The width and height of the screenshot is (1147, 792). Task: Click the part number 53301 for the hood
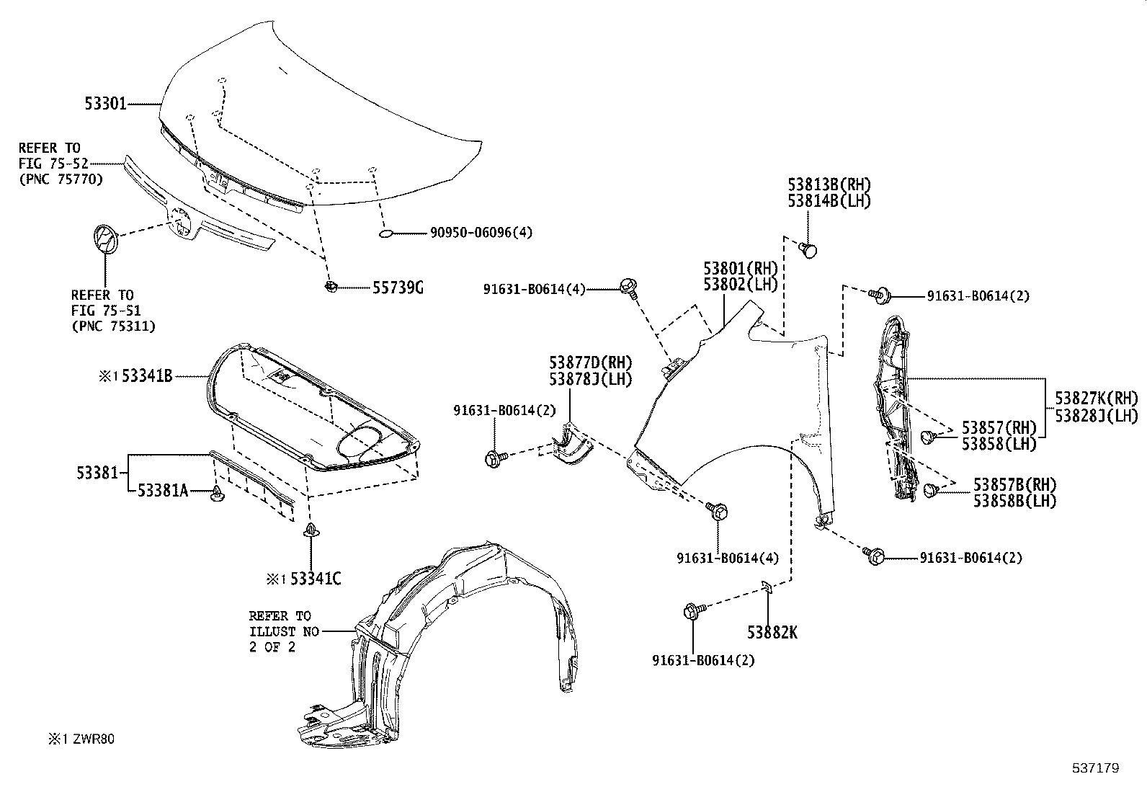(x=105, y=104)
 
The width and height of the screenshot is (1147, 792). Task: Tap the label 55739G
(x=397, y=288)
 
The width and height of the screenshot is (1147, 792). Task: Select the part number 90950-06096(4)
(x=481, y=233)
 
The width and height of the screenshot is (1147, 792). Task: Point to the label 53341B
(x=146, y=375)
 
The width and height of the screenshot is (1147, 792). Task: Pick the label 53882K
(x=772, y=633)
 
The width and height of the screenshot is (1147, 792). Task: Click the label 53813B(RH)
(x=829, y=184)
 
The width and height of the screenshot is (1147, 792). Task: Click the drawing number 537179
(x=1096, y=768)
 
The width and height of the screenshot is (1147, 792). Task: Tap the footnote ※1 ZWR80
(x=81, y=739)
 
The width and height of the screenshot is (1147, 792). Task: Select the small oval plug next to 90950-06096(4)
(x=385, y=233)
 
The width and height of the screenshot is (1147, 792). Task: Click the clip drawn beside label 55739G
(x=331, y=287)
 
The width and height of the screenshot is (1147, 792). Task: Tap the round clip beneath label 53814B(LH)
(x=810, y=249)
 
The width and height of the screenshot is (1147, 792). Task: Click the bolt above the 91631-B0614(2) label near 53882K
(x=689, y=612)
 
